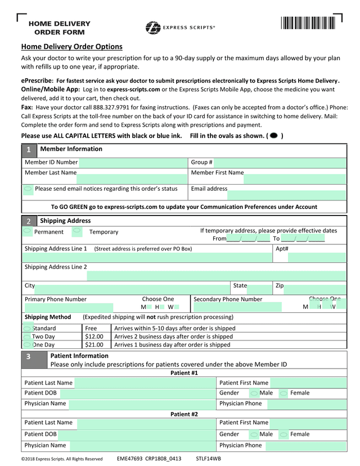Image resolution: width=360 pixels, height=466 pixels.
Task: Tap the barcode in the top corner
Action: (308, 24)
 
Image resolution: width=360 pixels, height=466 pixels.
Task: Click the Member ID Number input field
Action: (134, 163)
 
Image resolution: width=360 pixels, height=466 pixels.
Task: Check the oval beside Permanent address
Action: (27, 231)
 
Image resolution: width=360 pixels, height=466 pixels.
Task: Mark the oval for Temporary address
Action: (77, 231)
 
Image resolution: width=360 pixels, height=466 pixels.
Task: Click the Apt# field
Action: (317, 258)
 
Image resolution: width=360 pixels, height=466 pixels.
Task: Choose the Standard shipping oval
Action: (27, 328)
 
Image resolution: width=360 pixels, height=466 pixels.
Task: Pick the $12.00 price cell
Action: (94, 337)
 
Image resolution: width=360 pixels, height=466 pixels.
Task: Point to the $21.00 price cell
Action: (94, 345)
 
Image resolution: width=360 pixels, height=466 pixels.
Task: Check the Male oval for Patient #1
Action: (254, 393)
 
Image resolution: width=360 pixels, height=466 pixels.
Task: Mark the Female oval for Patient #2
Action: (284, 434)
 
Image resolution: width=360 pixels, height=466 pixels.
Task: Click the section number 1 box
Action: (29, 150)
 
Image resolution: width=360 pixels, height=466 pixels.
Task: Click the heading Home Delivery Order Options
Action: (71, 47)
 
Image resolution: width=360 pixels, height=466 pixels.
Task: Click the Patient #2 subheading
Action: (184, 414)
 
